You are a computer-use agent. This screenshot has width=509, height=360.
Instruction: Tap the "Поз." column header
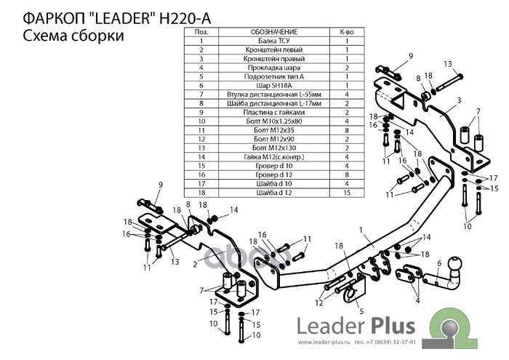click(202, 33)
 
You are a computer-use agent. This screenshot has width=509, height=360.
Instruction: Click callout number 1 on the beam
click(359, 231)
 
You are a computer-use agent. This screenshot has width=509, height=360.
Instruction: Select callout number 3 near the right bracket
click(460, 100)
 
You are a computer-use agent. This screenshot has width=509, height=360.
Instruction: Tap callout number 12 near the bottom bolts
click(318, 301)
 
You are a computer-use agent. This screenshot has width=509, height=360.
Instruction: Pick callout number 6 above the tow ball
click(440, 263)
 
